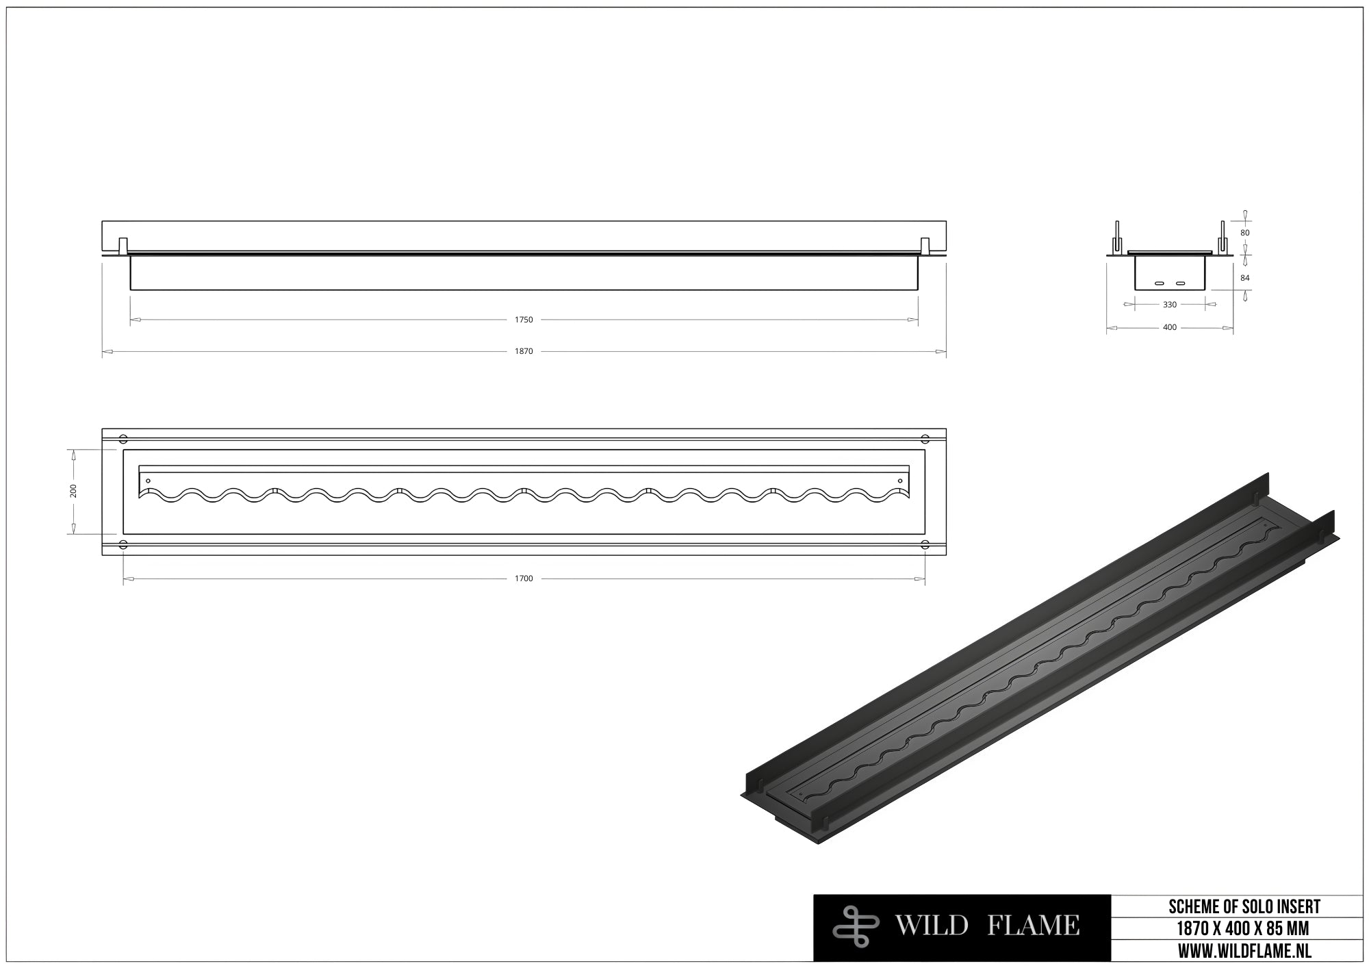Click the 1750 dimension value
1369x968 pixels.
point(524,320)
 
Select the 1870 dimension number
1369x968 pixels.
point(524,351)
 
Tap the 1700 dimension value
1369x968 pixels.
point(524,578)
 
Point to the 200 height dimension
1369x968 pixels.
point(73,491)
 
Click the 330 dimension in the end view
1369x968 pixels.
point(1170,305)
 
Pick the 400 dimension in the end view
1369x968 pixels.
point(1170,327)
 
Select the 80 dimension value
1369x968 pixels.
point(1245,233)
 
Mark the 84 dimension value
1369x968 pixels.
point(1245,278)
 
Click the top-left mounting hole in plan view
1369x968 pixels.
point(123,438)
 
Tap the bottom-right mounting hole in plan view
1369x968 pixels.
point(925,544)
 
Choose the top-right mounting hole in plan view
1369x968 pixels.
point(925,438)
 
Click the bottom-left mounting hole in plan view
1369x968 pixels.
point(123,544)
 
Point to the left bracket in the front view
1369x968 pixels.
point(123,245)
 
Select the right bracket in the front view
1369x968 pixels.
point(925,245)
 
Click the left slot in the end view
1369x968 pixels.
point(1160,283)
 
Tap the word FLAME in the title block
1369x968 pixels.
point(1034,926)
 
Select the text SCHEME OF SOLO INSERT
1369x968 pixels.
point(1244,907)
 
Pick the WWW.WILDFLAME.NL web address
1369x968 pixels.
point(1244,951)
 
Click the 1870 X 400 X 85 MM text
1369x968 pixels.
point(1244,929)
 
